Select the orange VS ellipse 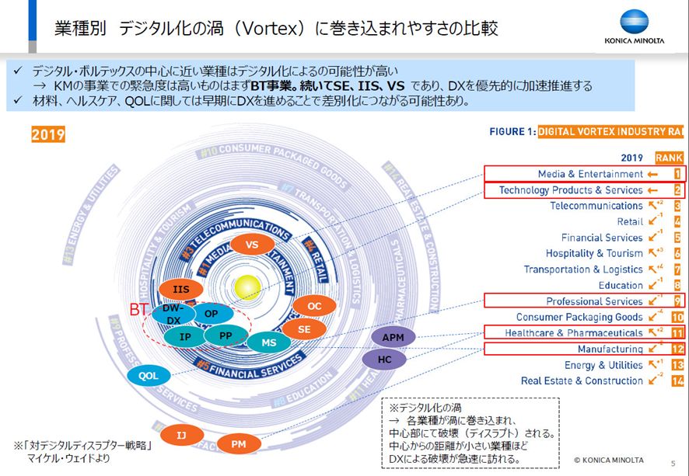point(251,245)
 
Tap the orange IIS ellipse point(181,290)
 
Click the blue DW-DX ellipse point(173,314)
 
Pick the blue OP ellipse point(211,314)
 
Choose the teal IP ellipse point(186,337)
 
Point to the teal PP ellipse point(226,336)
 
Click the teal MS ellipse point(269,342)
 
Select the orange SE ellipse point(304,329)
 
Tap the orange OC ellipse point(314,306)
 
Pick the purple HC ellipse point(385,360)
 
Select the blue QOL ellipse point(149,375)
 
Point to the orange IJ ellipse point(181,435)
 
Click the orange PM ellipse point(240,444)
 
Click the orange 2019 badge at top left point(48,135)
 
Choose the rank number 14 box point(677,380)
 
